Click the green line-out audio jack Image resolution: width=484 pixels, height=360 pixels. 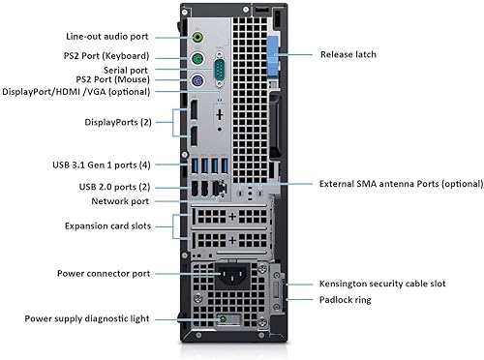197,37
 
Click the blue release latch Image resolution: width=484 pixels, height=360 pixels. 272,55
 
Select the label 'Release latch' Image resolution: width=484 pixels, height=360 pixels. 348,55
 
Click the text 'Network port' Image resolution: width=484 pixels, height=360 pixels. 121,201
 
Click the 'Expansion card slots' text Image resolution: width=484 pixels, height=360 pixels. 107,225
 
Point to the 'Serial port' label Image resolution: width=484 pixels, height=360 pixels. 128,69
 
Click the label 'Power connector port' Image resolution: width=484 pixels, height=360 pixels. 104,274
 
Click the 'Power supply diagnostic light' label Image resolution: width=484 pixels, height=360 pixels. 88,317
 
